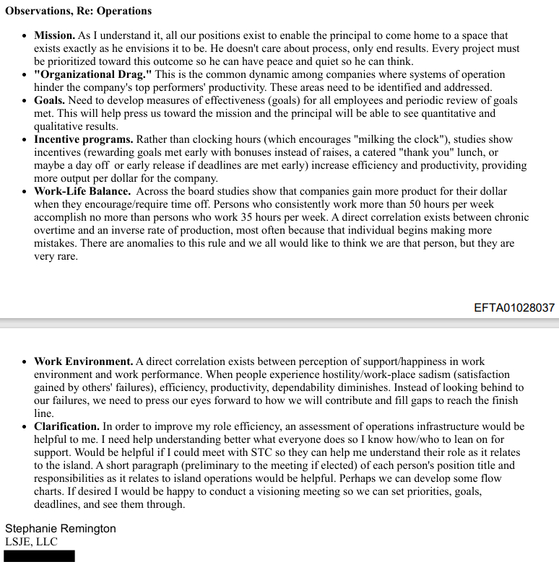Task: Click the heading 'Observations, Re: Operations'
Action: click(78, 11)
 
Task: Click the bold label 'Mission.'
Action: click(54, 35)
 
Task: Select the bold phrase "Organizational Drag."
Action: click(92, 75)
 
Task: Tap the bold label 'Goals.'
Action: click(49, 100)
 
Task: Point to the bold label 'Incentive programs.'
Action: click(83, 139)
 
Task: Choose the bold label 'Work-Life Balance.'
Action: click(82, 191)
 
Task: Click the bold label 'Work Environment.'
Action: click(83, 361)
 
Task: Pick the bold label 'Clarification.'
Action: click(66, 426)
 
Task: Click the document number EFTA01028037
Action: click(514, 307)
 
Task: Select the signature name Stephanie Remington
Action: click(61, 529)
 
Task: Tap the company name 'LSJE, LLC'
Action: click(31, 542)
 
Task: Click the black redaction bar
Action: click(39, 556)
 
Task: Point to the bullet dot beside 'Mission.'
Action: click(25, 36)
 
